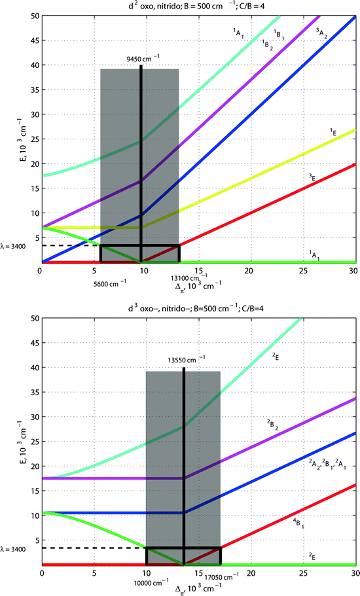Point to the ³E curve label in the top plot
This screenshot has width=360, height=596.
[x=321, y=177]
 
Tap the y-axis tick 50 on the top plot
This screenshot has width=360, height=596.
[x=33, y=16]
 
